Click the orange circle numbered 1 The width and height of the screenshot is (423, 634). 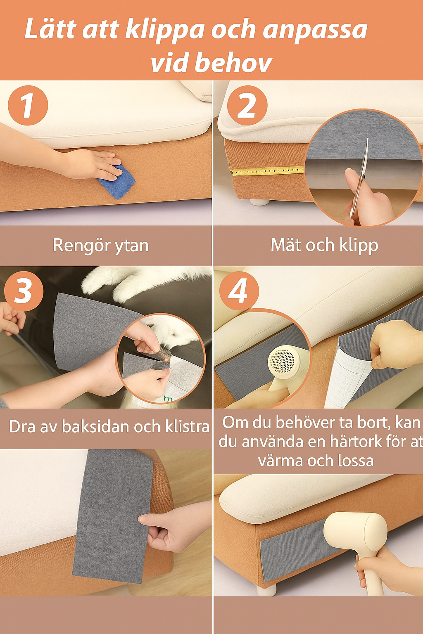click(x=28, y=105)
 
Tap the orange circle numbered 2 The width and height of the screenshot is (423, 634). click(x=247, y=105)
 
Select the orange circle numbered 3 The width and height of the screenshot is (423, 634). click(x=24, y=291)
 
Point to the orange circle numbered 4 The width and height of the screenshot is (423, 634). click(x=239, y=291)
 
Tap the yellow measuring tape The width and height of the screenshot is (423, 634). click(x=266, y=170)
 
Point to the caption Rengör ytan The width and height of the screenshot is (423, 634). click(x=100, y=245)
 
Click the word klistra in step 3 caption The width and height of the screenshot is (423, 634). click(x=187, y=426)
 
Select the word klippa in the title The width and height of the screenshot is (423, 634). click(x=164, y=30)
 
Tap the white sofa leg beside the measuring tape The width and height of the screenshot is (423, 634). click(x=259, y=202)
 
